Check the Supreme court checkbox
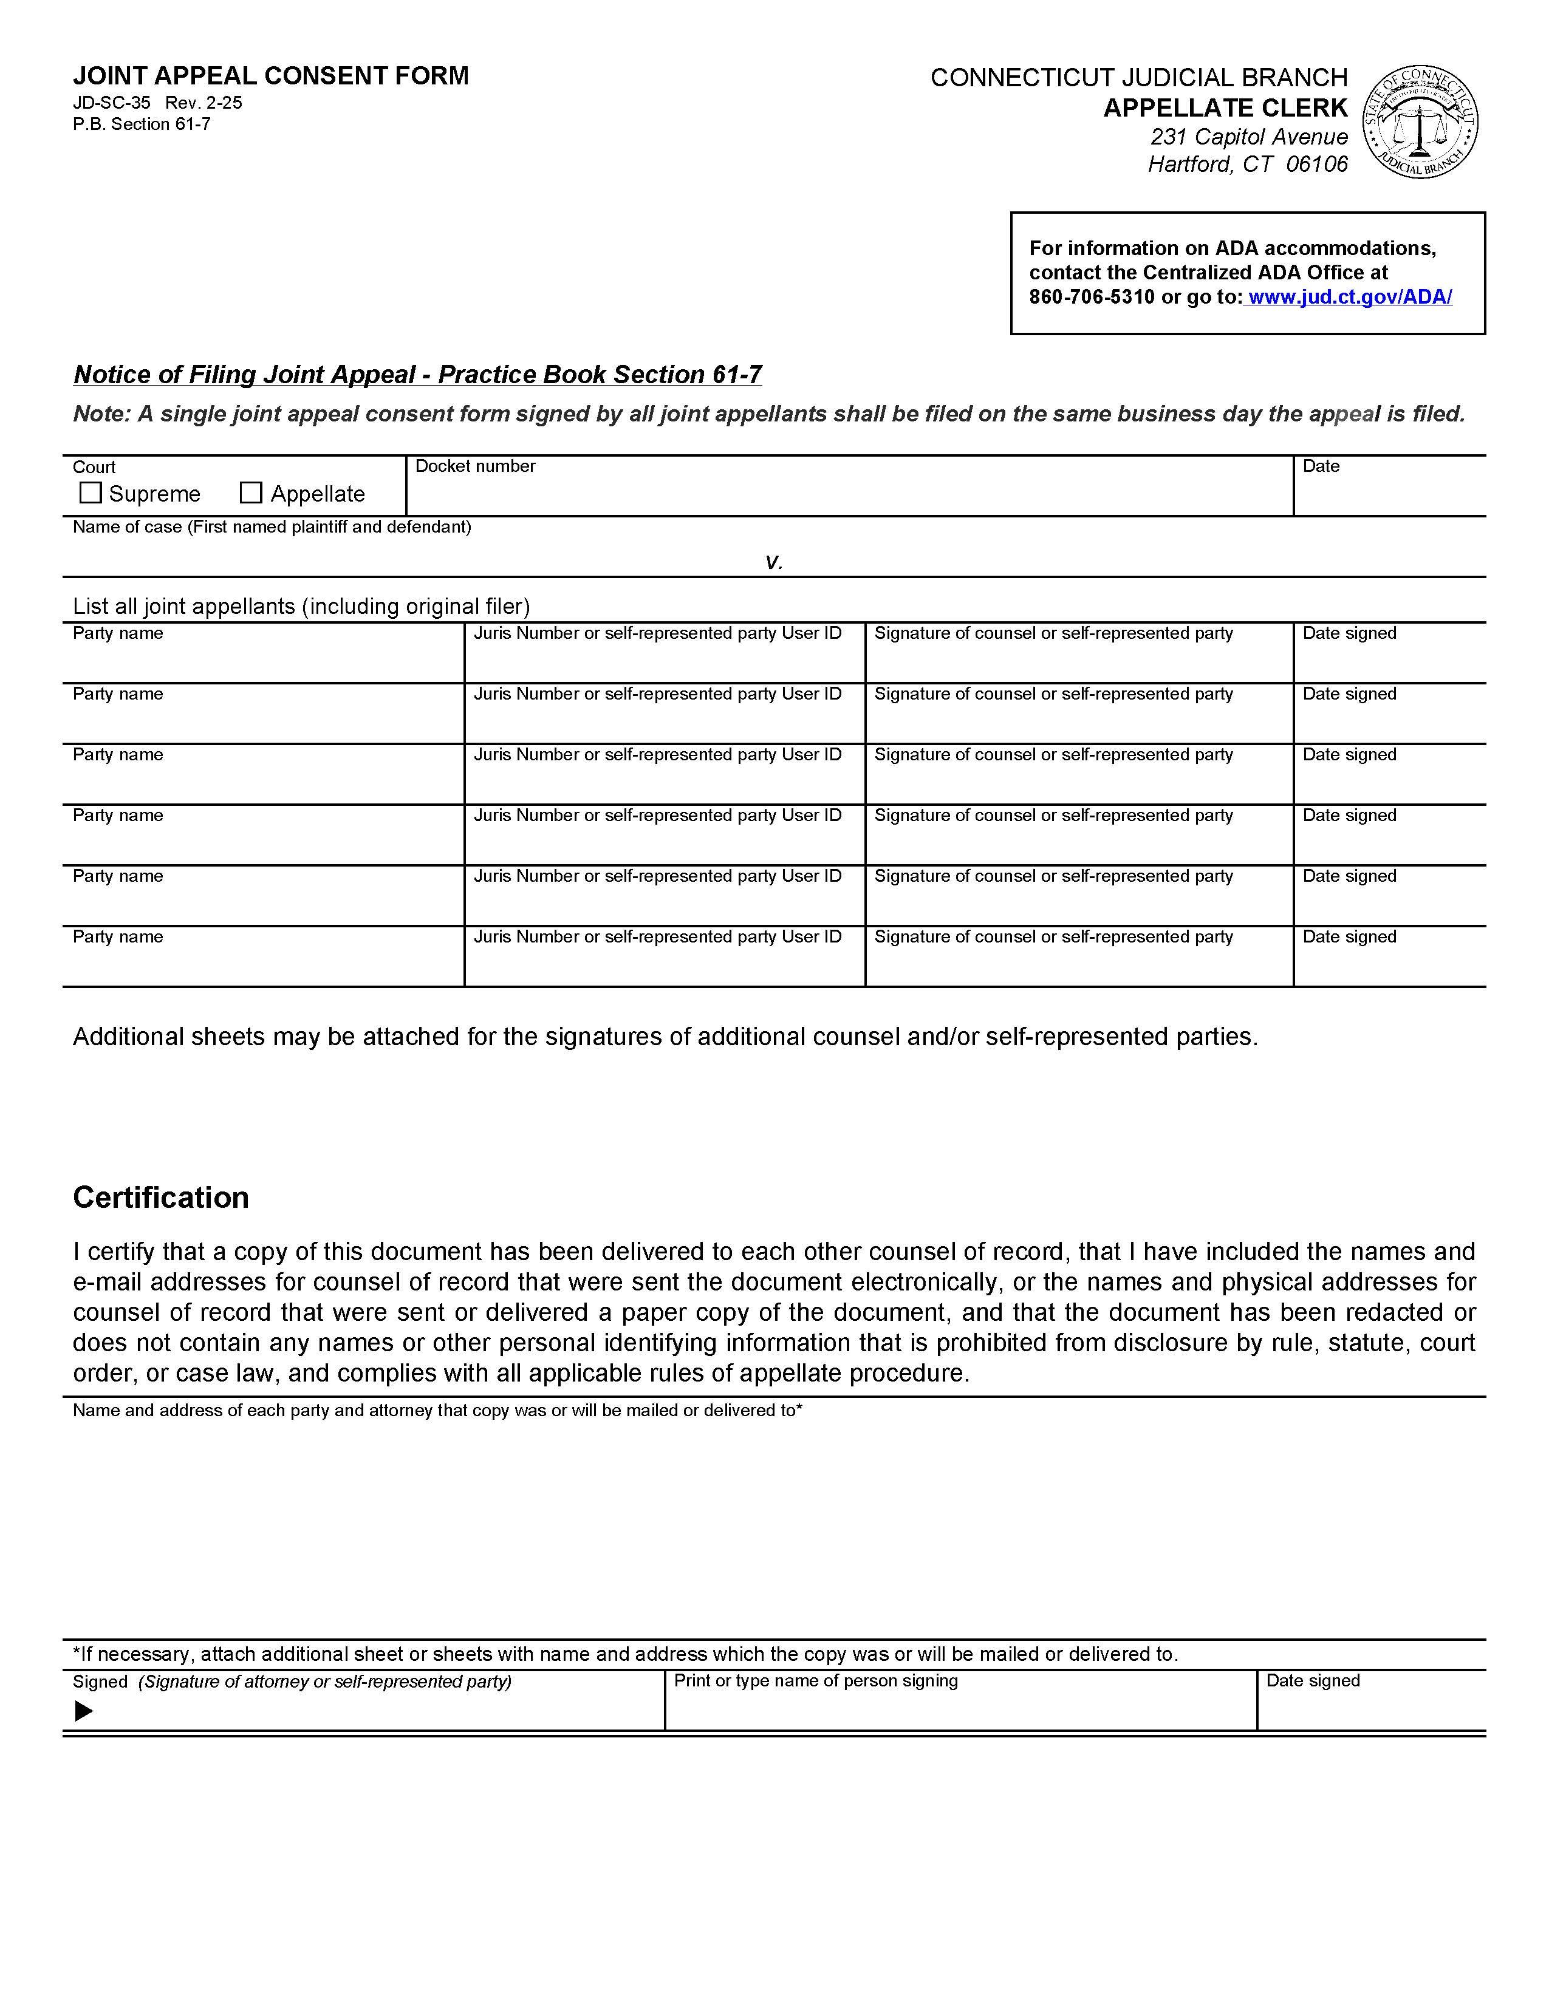[90, 492]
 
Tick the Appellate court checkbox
[250, 492]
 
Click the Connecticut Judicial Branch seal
[1420, 122]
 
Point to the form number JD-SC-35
[111, 103]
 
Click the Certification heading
[160, 1198]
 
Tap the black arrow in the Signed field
[83, 1711]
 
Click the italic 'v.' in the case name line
[773, 562]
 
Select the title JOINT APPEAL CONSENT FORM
[271, 75]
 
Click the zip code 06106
[1317, 164]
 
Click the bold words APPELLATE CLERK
[1225, 108]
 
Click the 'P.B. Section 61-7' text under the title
[142, 124]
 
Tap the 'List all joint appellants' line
[301, 607]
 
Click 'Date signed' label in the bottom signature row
[1312, 1681]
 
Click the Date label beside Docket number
[1321, 466]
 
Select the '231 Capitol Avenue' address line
[1249, 137]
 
